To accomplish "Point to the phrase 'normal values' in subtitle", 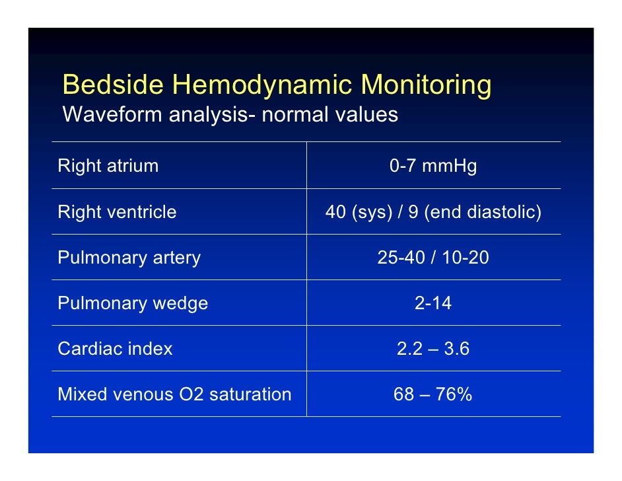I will pos(329,115).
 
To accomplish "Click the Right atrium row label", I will pos(108,166).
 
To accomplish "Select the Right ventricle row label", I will pos(118,212).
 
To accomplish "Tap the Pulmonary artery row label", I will pos(129,258).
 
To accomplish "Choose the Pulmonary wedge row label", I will pos(133,303).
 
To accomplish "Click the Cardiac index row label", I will pos(115,349).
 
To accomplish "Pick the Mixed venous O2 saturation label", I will pos(174,394).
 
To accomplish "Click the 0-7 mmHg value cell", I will pos(433,166).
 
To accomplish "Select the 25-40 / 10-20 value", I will pos(433,258).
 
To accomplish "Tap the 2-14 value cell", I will pos(433,303).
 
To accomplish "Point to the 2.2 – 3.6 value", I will pos(433,349).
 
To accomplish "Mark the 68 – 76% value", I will pos(433,394).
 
